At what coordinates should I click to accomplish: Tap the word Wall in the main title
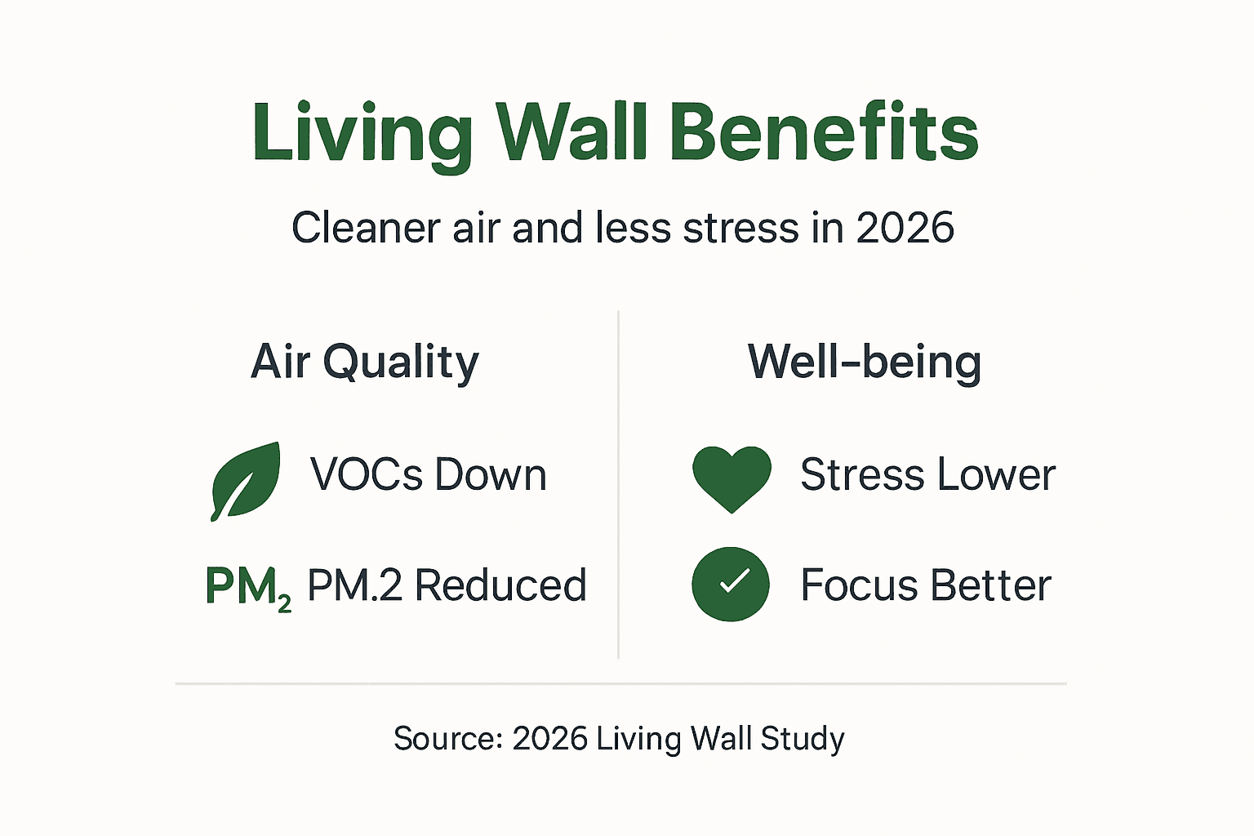(572, 132)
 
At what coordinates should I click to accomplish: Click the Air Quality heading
(365, 362)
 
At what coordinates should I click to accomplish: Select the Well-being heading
(865, 362)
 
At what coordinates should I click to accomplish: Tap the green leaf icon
(245, 481)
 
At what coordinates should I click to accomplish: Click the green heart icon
(731, 478)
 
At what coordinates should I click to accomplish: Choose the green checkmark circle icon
(731, 585)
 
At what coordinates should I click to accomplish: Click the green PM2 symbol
(247, 587)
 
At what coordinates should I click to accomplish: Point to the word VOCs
(366, 474)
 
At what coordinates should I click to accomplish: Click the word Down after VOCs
(490, 474)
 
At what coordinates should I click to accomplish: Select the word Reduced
(500, 585)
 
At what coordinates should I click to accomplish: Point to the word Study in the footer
(803, 739)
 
